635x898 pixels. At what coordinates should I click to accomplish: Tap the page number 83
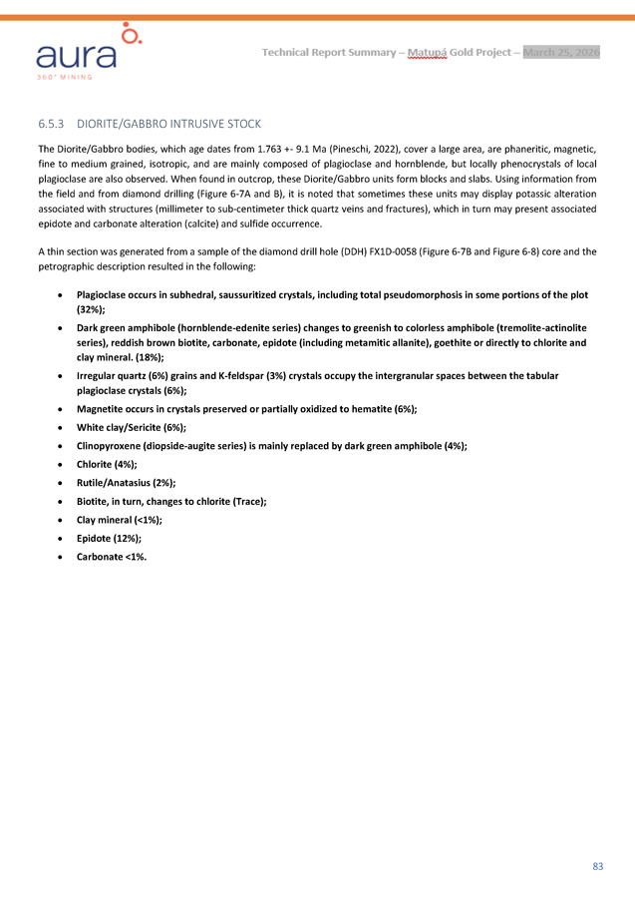[x=597, y=865]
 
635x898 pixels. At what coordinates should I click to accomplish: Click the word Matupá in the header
[x=426, y=52]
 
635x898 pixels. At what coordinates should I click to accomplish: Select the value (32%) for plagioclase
[x=92, y=309]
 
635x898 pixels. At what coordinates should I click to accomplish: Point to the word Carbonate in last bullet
[x=103, y=556]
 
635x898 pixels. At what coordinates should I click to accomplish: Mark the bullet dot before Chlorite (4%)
[x=63, y=465]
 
